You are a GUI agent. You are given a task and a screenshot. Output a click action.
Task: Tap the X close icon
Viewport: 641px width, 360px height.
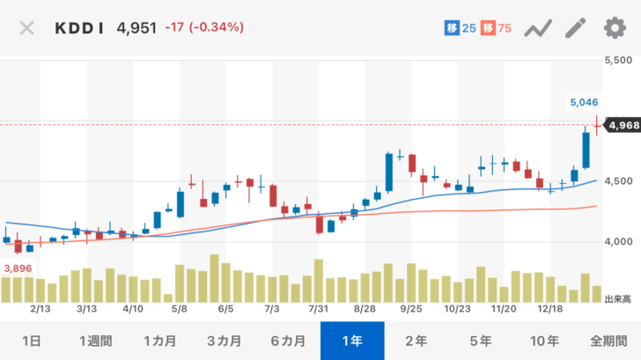pyautogui.click(x=27, y=27)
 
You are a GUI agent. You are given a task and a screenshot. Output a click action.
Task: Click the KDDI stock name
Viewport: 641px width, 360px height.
pyautogui.click(x=81, y=27)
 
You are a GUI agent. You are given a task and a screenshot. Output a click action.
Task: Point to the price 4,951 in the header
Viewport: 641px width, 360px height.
pyautogui.click(x=136, y=27)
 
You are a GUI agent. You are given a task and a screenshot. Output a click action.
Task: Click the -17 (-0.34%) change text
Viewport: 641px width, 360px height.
pyautogui.click(x=204, y=27)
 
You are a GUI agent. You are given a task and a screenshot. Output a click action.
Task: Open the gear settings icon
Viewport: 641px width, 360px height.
pyautogui.click(x=614, y=27)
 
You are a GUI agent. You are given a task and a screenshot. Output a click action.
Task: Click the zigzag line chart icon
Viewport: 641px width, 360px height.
pyautogui.click(x=538, y=28)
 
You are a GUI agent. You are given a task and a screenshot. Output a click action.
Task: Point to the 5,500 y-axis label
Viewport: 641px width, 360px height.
pyautogui.click(x=621, y=61)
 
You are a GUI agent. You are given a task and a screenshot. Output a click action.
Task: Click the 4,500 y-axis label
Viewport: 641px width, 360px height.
pyautogui.click(x=621, y=181)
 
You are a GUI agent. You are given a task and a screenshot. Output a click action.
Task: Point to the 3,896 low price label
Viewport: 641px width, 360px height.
pyautogui.click(x=18, y=268)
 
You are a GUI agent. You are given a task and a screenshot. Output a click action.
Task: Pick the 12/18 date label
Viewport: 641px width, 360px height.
pyautogui.click(x=550, y=310)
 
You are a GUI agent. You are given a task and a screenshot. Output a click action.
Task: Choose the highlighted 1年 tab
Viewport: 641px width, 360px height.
pyautogui.click(x=352, y=341)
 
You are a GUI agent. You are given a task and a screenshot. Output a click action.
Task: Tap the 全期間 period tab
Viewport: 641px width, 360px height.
pyautogui.click(x=609, y=341)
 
